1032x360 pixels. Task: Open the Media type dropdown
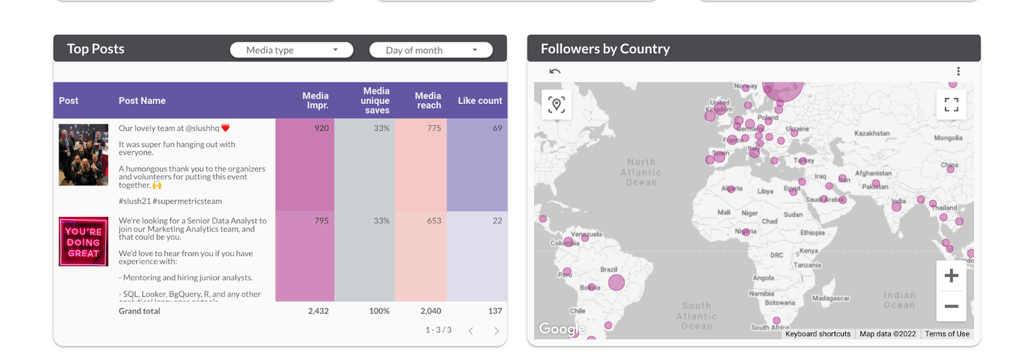pyautogui.click(x=292, y=50)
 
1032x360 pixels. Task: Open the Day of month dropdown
pyautogui.click(x=431, y=50)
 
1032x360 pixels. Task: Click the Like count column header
pyautogui.click(x=479, y=101)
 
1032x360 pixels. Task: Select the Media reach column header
pyautogui.click(x=428, y=101)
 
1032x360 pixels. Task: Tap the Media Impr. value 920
pyautogui.click(x=321, y=128)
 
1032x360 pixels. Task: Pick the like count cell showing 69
pyautogui.click(x=497, y=128)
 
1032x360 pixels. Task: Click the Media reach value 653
pyautogui.click(x=433, y=221)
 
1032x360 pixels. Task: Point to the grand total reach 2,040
pyautogui.click(x=430, y=311)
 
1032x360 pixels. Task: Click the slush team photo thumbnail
pyautogui.click(x=83, y=155)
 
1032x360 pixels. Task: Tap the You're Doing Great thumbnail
pyautogui.click(x=83, y=242)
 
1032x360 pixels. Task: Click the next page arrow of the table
pyautogui.click(x=496, y=331)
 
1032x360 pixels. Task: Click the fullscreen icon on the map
pyautogui.click(x=951, y=105)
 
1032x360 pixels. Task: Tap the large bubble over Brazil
pyautogui.click(x=617, y=282)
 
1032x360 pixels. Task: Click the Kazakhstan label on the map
pyautogui.click(x=871, y=134)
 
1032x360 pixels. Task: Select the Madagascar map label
pyautogui.click(x=831, y=298)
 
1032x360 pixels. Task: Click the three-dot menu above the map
pyautogui.click(x=958, y=72)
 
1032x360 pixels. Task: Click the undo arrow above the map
pyautogui.click(x=555, y=72)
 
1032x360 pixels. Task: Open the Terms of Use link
pyautogui.click(x=947, y=334)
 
